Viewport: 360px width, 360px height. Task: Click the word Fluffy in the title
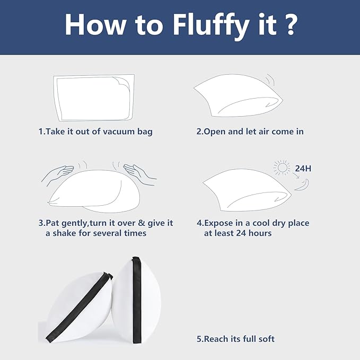click(x=211, y=25)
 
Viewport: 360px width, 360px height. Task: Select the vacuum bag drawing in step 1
click(x=94, y=98)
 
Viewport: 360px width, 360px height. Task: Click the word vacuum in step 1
click(x=118, y=131)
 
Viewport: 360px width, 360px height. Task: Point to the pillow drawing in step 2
click(x=238, y=96)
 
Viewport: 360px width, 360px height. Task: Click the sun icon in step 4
click(x=282, y=167)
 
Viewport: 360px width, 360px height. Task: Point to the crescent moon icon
click(x=303, y=186)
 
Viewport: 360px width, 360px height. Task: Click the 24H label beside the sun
click(x=303, y=169)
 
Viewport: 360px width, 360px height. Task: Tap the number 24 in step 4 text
click(x=241, y=233)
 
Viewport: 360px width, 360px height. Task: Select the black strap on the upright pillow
click(x=137, y=300)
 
